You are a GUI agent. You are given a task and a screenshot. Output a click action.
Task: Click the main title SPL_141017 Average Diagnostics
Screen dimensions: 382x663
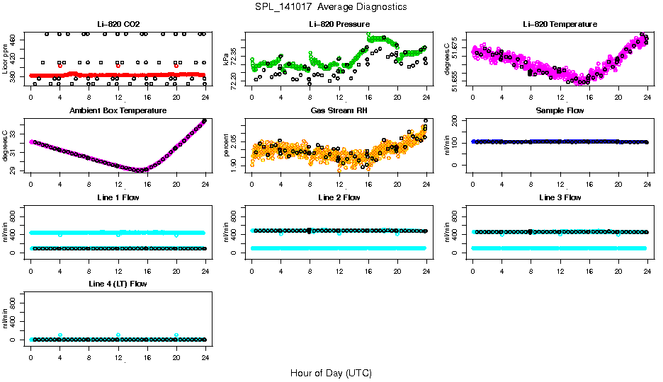pyautogui.click(x=331, y=6)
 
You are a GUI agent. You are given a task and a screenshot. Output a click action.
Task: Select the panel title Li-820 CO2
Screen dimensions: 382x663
pyautogui.click(x=118, y=24)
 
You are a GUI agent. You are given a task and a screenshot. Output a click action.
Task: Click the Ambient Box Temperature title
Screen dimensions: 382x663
pyautogui.click(x=118, y=111)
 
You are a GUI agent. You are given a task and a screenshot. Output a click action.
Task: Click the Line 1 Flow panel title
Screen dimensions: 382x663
pyautogui.click(x=118, y=197)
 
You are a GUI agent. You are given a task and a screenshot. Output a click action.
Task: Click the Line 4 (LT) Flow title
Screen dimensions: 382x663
pyautogui.click(x=118, y=284)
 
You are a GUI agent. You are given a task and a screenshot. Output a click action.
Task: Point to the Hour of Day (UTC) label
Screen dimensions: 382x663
pyautogui.click(x=331, y=373)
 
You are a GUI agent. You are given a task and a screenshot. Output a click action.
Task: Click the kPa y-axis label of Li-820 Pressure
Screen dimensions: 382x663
pyautogui.click(x=227, y=59)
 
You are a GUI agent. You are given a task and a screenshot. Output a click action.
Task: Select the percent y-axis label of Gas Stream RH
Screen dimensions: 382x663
pyautogui.click(x=227, y=146)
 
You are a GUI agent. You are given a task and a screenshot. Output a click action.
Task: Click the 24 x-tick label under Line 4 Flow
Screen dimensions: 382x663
pyautogui.click(x=205, y=349)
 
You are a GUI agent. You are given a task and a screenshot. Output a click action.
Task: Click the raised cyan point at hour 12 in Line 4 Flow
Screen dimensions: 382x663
pyautogui.click(x=118, y=335)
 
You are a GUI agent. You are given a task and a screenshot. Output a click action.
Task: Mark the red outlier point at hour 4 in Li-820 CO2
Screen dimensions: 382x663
pyautogui.click(x=60, y=66)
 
